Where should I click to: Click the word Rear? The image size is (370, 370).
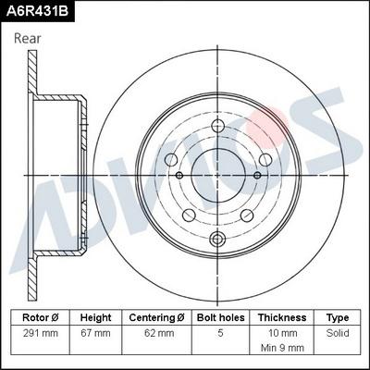coord(28,39)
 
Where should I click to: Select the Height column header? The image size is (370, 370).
coord(95,316)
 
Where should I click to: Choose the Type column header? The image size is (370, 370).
coord(338,316)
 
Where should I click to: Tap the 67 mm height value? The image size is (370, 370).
coord(95,331)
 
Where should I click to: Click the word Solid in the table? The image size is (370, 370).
coord(338,331)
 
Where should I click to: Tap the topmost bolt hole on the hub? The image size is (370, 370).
coord(218,127)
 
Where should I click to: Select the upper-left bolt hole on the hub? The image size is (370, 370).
coord(172,160)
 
